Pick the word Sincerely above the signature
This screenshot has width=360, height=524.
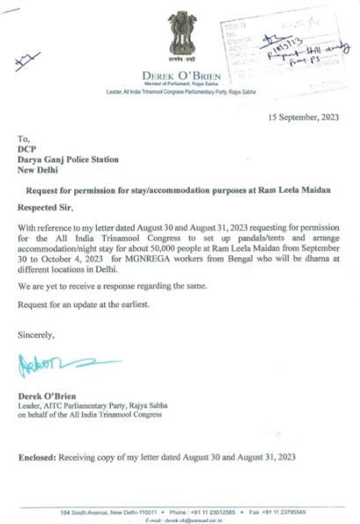point(37,334)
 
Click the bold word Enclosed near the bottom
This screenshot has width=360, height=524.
point(40,457)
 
